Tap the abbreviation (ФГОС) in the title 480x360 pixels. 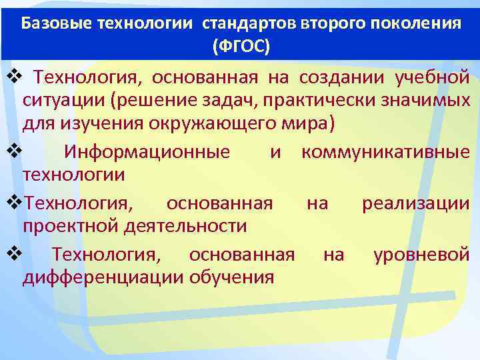click(x=241, y=47)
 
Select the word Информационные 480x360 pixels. click(x=147, y=152)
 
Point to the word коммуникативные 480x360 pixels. click(x=385, y=152)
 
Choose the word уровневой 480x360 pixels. click(x=421, y=253)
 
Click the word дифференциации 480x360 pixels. click(x=103, y=277)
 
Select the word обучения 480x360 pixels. click(x=232, y=277)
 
